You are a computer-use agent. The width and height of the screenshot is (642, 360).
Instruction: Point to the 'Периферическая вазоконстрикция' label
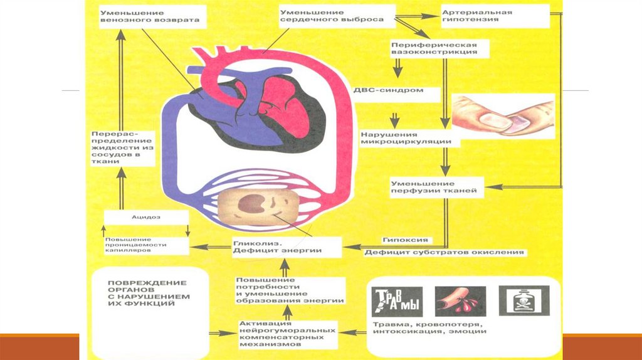click(434, 49)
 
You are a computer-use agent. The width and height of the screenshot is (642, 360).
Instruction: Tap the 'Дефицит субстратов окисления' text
click(444, 252)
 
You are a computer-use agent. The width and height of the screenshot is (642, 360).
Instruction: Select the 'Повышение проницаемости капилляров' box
click(145, 245)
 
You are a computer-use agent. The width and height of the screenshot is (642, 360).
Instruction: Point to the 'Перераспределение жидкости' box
click(121, 148)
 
